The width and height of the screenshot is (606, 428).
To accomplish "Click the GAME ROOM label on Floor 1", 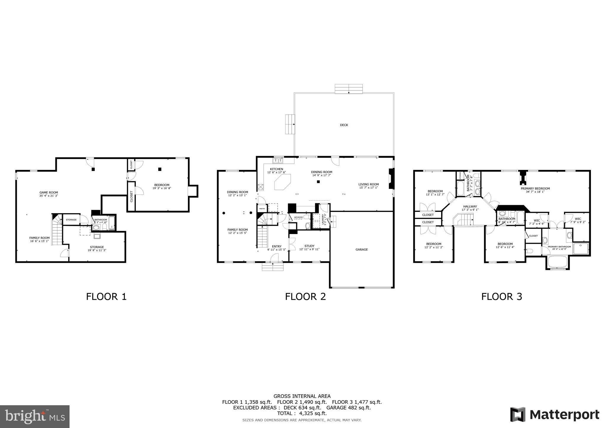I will pyautogui.click(x=49, y=192).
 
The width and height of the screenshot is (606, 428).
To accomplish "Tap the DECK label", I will pyautogui.click(x=344, y=125).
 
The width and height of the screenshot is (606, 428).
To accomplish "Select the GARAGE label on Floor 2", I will pyautogui.click(x=362, y=249).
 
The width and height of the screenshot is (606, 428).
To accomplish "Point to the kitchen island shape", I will pyautogui.click(x=283, y=182).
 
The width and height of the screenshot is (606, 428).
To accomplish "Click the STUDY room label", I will pyautogui.click(x=309, y=246).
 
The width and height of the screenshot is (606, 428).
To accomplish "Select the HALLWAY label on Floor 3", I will pyautogui.click(x=470, y=207).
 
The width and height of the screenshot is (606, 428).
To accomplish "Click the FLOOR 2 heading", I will pyautogui.click(x=305, y=296).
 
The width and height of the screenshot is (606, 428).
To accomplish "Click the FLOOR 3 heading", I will pyautogui.click(x=502, y=296).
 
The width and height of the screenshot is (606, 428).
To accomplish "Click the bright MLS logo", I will pyautogui.click(x=35, y=416).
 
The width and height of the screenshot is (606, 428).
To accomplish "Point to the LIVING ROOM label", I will pyautogui.click(x=368, y=184).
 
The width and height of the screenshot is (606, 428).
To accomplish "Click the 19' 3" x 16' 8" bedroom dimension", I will pyautogui.click(x=162, y=188).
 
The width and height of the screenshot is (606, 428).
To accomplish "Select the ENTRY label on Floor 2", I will pyautogui.click(x=277, y=246).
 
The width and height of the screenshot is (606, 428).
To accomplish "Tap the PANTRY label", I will pyautogui.click(x=262, y=209).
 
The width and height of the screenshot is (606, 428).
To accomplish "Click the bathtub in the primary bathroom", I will pyautogui.click(x=557, y=262).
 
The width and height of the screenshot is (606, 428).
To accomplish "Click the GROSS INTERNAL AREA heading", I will pyautogui.click(x=302, y=396).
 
